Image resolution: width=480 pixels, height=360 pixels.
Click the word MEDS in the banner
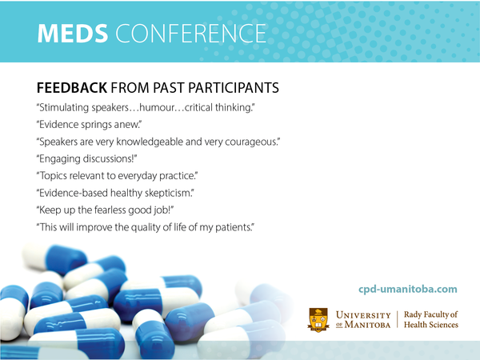pos(73,34)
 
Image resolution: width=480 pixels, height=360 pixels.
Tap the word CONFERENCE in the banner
pos(190,34)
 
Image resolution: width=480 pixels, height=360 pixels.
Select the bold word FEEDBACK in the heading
pos(72,88)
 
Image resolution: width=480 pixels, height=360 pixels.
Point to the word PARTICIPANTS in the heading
pos(234,88)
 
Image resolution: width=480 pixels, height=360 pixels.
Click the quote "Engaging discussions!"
pos(86,159)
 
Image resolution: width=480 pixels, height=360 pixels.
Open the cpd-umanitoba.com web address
pos(408,290)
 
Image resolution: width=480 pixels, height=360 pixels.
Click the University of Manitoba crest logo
pos(318,320)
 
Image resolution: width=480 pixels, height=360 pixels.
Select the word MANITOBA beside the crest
pos(367,325)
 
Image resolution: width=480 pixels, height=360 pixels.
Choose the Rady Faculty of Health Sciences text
pos(431,319)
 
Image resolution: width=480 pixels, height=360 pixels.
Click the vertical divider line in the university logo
pos(398,319)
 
